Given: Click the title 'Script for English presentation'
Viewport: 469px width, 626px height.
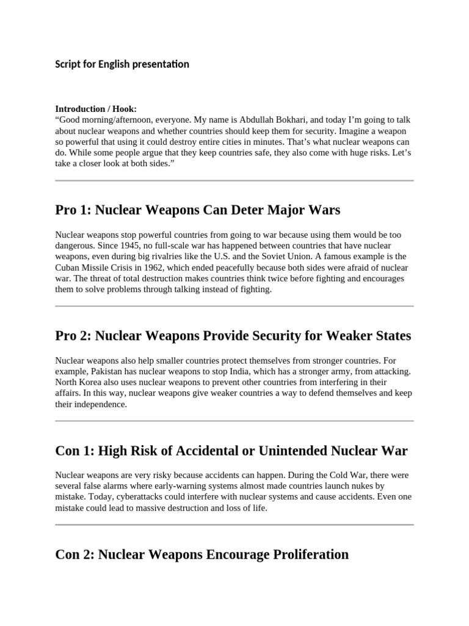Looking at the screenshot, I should [122, 64].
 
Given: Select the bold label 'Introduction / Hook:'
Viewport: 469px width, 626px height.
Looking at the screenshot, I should [96, 109].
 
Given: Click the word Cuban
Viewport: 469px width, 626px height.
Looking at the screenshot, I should [68, 268].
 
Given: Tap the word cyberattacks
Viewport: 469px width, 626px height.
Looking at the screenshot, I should [112, 498].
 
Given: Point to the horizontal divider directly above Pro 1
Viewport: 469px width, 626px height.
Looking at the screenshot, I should [234, 181].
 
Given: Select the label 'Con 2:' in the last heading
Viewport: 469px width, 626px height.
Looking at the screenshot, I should [75, 554].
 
